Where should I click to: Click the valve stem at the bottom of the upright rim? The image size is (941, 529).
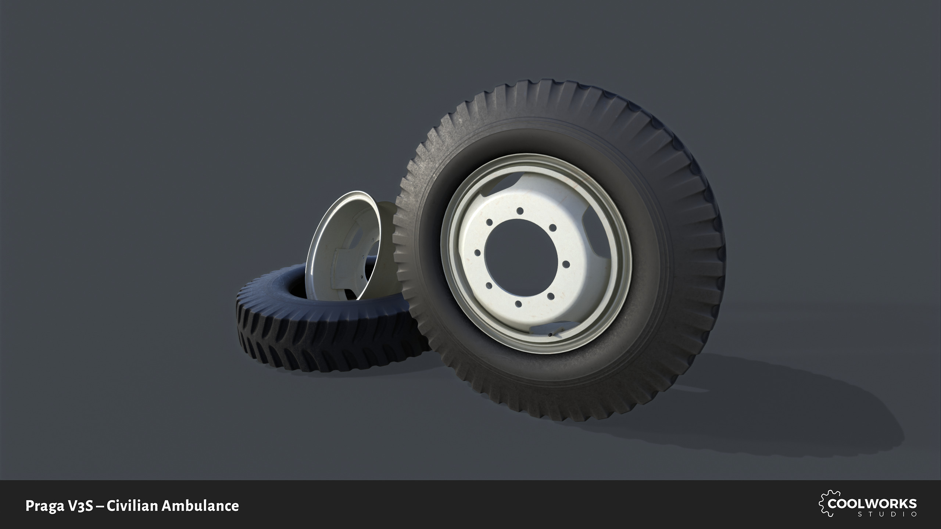tap(550, 335)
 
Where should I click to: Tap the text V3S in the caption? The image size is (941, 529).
tap(80, 506)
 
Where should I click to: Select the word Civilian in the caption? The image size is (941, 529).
tap(132, 506)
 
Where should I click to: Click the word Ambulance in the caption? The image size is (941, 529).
tap(200, 506)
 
